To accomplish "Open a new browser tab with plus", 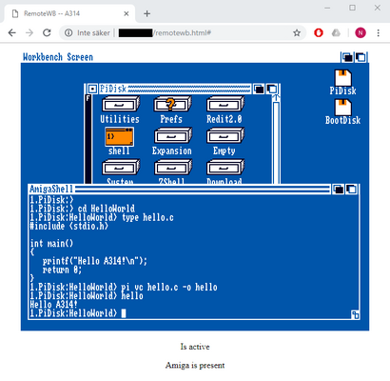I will click(146, 13).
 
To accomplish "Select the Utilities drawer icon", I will click(119, 107).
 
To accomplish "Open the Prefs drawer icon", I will click(171, 107).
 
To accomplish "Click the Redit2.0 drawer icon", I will click(224, 107).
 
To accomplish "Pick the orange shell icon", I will click(119, 138).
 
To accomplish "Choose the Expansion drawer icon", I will click(171, 139).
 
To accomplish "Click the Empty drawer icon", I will click(224, 139).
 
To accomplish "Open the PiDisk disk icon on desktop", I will click(342, 81).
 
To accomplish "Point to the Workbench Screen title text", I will click(58, 57).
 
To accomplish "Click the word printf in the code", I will click(57, 260).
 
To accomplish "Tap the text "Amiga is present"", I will click(194, 365).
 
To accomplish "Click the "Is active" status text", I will click(194, 346).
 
